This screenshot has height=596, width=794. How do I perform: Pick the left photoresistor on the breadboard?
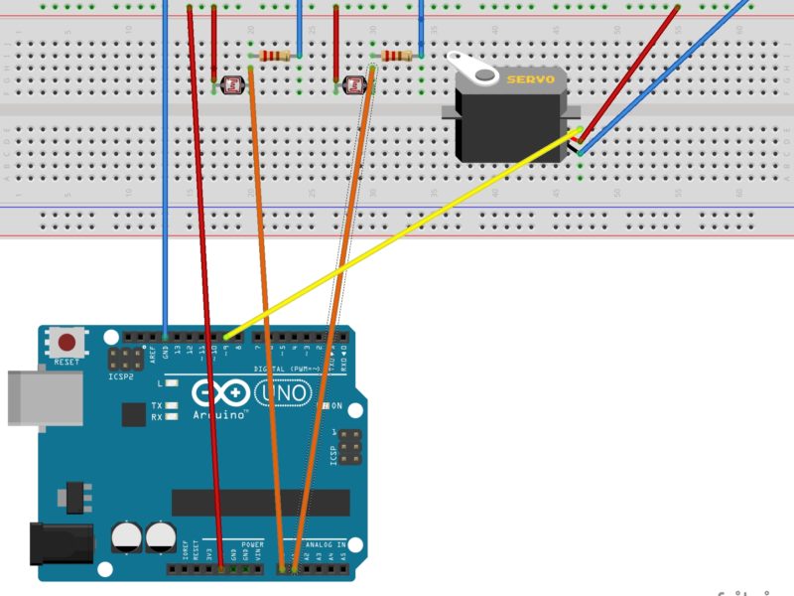[x=232, y=86]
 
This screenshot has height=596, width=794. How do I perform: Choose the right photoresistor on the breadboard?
[x=355, y=85]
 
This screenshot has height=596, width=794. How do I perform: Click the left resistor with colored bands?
[x=274, y=56]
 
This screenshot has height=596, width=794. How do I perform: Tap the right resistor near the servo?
[x=396, y=56]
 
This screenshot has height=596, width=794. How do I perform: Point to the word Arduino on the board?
[x=220, y=414]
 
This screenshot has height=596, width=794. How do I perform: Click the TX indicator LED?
[x=173, y=406]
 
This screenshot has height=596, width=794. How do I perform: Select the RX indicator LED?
[x=173, y=418]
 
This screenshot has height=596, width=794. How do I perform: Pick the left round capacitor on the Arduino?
[x=126, y=538]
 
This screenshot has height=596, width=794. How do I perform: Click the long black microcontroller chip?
[x=260, y=503]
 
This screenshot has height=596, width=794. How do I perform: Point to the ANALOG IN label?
[x=327, y=544]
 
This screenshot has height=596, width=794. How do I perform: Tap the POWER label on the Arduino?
[x=252, y=544]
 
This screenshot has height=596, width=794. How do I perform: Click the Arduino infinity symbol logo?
[x=217, y=393]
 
